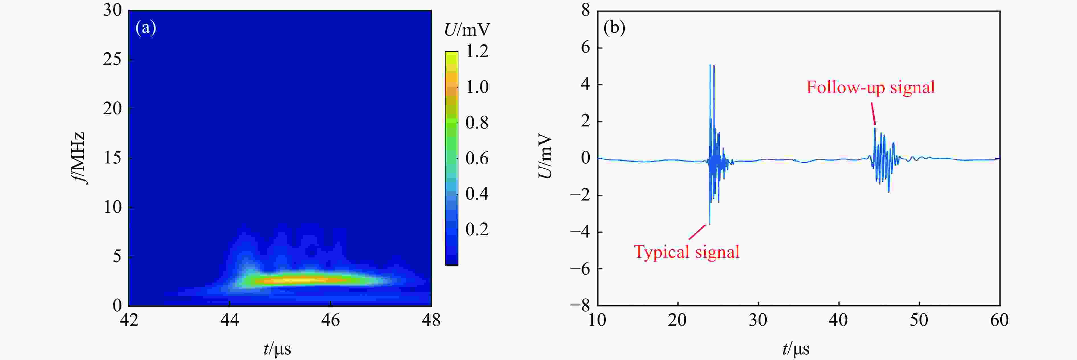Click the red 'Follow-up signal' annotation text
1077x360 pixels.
(870, 87)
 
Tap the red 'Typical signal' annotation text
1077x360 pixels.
(686, 252)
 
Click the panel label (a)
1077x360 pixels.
(146, 28)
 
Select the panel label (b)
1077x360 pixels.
(614, 28)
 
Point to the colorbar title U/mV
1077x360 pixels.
(467, 30)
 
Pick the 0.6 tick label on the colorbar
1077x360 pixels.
(477, 158)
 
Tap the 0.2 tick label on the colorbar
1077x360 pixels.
(477, 229)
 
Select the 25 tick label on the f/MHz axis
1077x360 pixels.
(112, 59)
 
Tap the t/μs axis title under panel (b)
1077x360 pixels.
(795, 348)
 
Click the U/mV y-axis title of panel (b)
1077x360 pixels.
(545, 156)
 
